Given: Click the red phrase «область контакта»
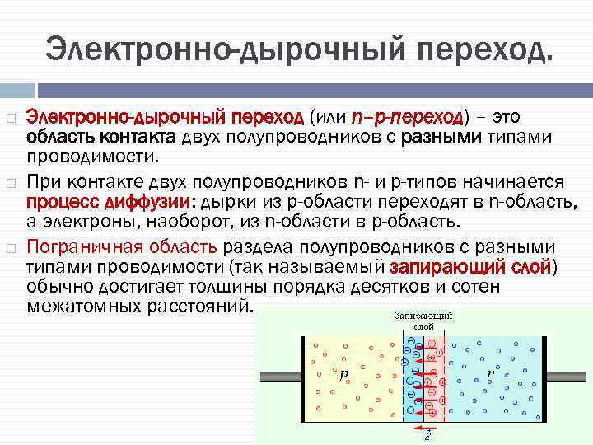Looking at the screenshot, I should [101, 136].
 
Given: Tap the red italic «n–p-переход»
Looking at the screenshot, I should [409, 116].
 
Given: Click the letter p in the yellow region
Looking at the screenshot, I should [344, 373].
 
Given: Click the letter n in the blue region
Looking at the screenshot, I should [492, 372].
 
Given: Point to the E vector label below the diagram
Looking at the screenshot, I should [426, 437].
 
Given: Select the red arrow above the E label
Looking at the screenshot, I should [423, 429].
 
